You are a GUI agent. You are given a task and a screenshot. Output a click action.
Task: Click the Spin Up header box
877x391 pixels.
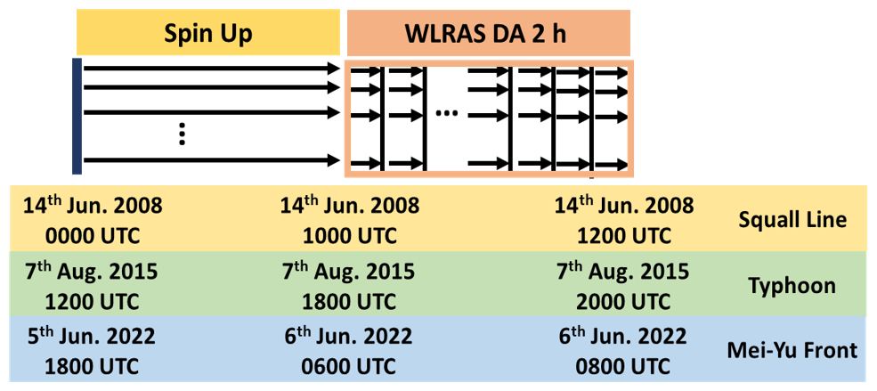(208, 35)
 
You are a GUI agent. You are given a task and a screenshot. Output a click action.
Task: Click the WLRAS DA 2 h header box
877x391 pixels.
(488, 35)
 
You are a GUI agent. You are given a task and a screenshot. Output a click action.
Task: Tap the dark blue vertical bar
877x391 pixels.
(77, 116)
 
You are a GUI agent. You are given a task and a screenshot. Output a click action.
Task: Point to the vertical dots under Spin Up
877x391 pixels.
(181, 134)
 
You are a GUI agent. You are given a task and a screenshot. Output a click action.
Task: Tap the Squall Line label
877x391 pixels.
(792, 219)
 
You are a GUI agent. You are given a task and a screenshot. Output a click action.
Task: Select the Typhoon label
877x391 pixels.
(792, 286)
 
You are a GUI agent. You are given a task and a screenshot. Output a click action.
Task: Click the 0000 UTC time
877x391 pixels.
(93, 237)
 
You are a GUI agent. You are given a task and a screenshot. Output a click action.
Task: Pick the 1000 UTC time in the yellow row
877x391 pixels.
(348, 237)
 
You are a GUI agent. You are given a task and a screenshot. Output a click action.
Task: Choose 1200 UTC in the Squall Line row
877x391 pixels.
(622, 237)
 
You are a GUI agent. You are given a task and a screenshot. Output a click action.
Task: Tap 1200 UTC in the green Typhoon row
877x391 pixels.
(93, 301)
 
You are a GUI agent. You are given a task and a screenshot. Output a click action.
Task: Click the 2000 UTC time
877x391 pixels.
(622, 301)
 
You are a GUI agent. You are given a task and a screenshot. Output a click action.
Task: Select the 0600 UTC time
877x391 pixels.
(348, 367)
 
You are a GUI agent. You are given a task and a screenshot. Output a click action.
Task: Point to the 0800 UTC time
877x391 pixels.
(622, 367)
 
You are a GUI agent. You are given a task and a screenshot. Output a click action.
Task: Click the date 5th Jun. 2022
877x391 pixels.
(93, 338)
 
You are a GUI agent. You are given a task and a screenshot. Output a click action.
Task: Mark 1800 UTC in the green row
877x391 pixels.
(348, 301)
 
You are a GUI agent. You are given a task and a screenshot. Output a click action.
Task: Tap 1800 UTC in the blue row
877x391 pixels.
(93, 367)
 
